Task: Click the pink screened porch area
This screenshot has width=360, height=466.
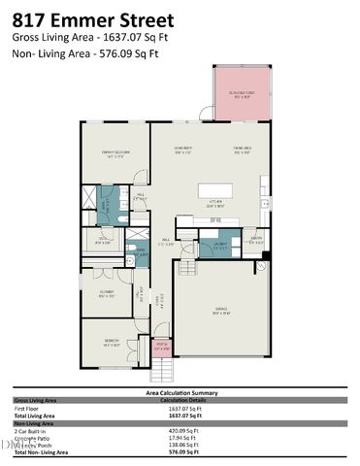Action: tap(240, 94)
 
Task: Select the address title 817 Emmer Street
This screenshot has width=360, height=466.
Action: tap(94, 19)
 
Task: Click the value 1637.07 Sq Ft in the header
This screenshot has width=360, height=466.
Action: tap(130, 36)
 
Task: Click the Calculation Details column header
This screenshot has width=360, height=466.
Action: tap(184, 399)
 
